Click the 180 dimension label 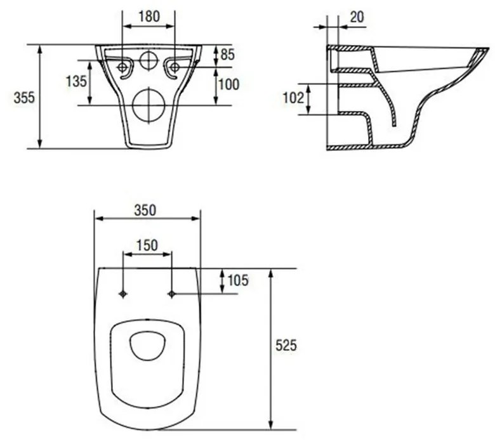coord(148,17)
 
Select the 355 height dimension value coord(23,97)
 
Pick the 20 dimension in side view coord(357,17)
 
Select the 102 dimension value coord(294,98)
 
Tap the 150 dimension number coord(147,245)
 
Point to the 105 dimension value coord(237,280)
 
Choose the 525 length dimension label coord(286,346)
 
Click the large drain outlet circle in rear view coord(148,105)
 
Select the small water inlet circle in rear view coord(148,60)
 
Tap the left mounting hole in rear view coord(122,66)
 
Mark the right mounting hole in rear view coord(175,66)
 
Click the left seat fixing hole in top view coord(123,293)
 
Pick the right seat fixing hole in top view coord(171,293)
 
